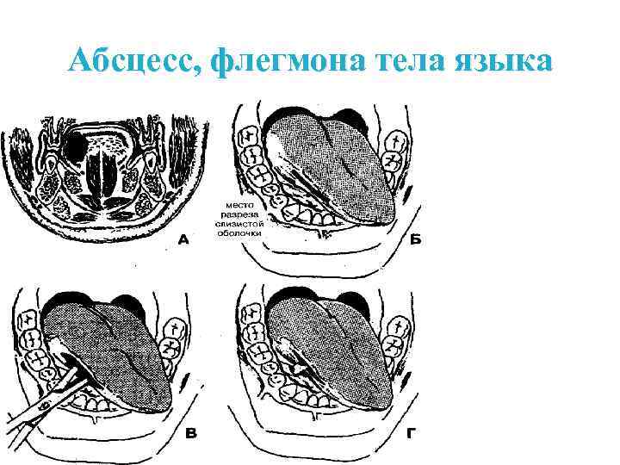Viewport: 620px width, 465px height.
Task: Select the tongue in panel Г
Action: [x=344, y=353]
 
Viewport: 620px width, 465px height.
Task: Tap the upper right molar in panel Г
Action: [x=399, y=331]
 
